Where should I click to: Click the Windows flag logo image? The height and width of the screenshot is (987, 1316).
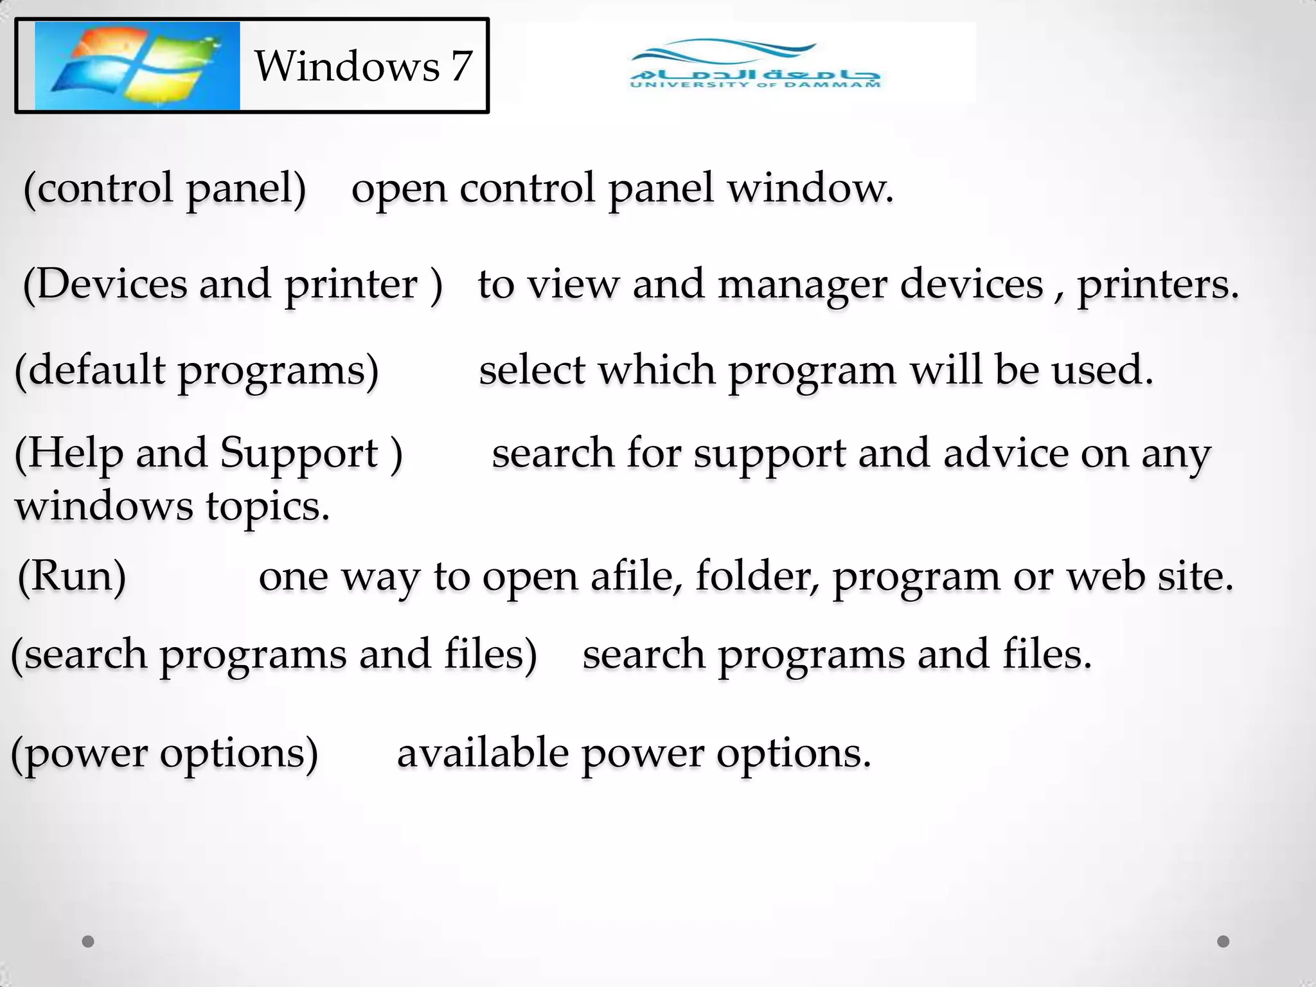(137, 66)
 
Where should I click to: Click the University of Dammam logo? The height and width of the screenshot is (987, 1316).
(755, 64)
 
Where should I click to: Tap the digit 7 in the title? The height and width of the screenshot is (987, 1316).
(461, 66)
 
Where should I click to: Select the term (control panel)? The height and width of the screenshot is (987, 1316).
(165, 188)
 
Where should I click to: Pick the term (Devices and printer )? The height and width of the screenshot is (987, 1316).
(233, 284)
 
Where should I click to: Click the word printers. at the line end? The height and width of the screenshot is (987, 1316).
(1157, 284)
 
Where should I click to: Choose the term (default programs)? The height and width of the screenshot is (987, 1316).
(197, 371)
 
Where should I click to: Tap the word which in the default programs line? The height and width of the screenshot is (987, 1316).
(657, 370)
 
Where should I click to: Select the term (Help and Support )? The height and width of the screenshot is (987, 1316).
(209, 454)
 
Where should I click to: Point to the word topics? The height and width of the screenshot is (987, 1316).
(268, 506)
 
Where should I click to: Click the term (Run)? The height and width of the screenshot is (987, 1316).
(72, 576)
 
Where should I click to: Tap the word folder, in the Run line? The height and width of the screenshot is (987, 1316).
(757, 576)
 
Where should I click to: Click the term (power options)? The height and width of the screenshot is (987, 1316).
(165, 753)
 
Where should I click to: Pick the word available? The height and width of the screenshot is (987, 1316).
(483, 753)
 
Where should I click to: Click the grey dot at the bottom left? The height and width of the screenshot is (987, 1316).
(89, 941)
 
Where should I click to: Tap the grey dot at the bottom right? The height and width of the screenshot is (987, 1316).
(1223, 941)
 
